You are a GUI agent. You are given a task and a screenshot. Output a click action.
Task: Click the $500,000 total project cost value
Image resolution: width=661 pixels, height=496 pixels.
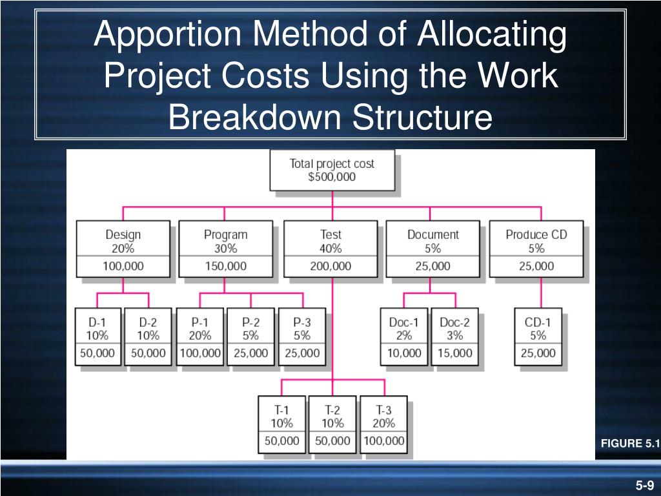332,177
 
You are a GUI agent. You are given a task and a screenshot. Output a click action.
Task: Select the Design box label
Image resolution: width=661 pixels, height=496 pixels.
123,234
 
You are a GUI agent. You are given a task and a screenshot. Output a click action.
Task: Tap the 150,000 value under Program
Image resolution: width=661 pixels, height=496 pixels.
225,266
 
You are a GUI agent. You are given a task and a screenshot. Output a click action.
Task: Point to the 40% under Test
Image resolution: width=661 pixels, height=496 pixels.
330,248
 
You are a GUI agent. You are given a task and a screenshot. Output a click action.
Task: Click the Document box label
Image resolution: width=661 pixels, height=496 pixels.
432,234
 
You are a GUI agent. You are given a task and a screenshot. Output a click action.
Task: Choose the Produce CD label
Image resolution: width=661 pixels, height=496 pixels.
536,234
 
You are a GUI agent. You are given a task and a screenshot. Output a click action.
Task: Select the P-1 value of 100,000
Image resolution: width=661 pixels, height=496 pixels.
200,353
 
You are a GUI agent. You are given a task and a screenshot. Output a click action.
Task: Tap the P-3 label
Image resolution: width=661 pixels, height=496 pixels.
301,322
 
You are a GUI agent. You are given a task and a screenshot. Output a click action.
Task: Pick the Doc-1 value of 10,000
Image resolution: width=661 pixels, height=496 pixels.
404,353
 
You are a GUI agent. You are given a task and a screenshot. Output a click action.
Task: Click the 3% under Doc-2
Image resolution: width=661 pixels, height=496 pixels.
455,335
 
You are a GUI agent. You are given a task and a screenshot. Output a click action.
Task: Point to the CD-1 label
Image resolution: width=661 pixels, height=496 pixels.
538,322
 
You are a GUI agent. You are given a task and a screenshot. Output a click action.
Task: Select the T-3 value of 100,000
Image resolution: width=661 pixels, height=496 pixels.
383,441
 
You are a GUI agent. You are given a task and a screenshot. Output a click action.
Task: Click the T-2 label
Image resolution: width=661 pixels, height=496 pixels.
332,409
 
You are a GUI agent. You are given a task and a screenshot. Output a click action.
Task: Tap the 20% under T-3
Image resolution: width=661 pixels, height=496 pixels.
383,423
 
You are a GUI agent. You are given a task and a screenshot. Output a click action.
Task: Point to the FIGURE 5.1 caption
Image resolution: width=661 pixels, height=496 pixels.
630,443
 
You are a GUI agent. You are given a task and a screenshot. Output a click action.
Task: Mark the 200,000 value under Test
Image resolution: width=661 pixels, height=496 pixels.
330,266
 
